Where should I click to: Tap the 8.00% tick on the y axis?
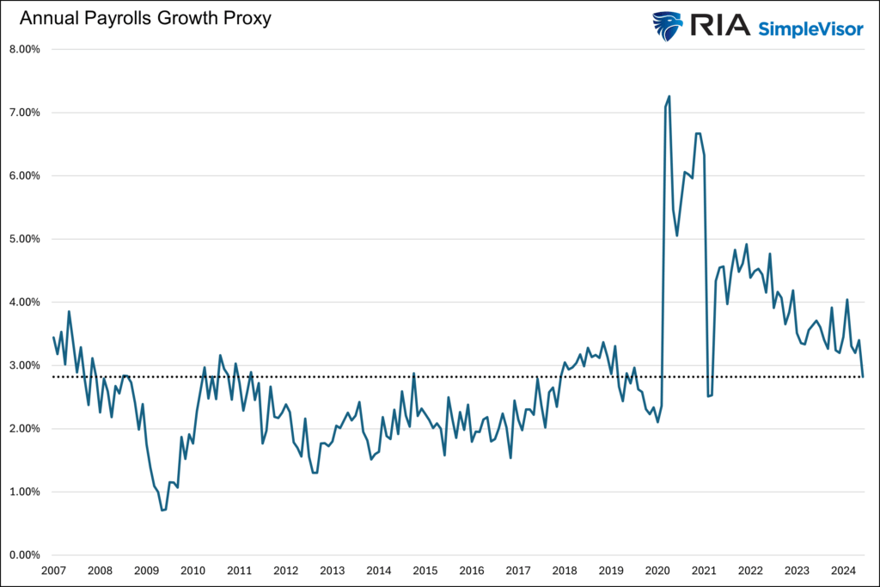[x=25, y=49]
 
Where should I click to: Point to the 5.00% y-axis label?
[x=25, y=239]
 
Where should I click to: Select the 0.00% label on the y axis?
[x=25, y=555]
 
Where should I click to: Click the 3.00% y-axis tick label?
[x=25, y=365]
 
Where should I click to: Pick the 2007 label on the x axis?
[x=53, y=571]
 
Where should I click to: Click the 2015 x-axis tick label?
[x=425, y=571]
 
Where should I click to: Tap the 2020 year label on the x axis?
[x=657, y=571]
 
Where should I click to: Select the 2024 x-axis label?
[x=842, y=571]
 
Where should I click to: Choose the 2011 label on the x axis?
[x=239, y=571]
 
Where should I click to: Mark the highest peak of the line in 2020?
[x=669, y=96]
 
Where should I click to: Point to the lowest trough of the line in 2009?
[x=162, y=510]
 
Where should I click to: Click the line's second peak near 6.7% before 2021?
[x=698, y=133]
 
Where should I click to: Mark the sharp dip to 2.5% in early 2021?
[x=708, y=396]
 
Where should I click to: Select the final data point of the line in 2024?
[x=864, y=376]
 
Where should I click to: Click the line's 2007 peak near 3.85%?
[x=69, y=312]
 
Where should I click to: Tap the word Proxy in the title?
[x=247, y=18]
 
